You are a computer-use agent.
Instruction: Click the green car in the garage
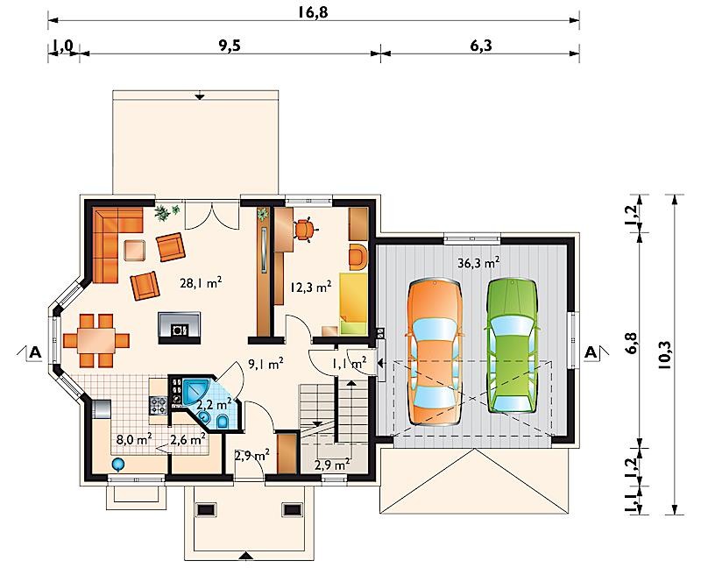pos(513,346)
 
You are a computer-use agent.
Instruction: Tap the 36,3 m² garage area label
pos(478,263)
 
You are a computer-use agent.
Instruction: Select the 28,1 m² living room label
pos(202,283)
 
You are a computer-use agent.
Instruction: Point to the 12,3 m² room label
pos(311,287)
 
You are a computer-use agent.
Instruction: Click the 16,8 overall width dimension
pos(313,12)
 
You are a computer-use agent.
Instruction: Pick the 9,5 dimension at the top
pos(230,46)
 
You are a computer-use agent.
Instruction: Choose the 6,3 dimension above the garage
pos(480,46)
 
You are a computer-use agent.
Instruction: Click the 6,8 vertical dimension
pos(632,343)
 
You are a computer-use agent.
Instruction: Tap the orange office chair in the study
pos(305,230)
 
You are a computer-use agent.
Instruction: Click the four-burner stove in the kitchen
pos(159,405)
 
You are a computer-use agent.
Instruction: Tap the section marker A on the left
pos(34,352)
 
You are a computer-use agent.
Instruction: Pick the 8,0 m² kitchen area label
pos(133,439)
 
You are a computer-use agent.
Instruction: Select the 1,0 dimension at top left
pos(63,46)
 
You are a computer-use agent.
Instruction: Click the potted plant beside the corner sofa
pos(166,212)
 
